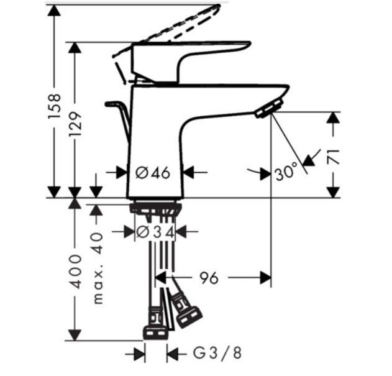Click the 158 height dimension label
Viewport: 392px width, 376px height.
click(x=54, y=106)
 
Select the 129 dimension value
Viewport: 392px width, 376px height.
click(x=75, y=124)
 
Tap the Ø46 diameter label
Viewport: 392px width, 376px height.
click(x=153, y=173)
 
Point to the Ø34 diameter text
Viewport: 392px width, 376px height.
click(x=155, y=232)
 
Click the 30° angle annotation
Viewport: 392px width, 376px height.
click(x=286, y=172)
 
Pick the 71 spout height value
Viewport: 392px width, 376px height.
click(x=333, y=157)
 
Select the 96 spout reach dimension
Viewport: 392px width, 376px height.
click(x=209, y=278)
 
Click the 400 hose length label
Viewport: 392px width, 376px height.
click(x=75, y=272)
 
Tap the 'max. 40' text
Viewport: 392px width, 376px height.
click(x=98, y=268)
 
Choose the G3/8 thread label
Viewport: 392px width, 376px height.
click(x=217, y=353)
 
